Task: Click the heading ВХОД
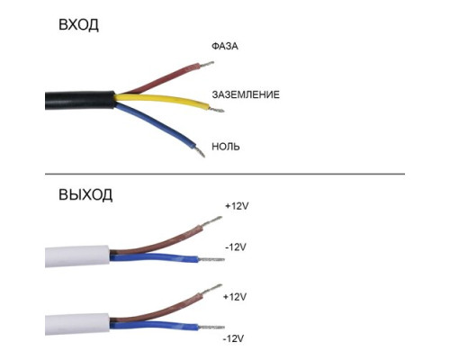[78, 24]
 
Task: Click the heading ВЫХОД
[85, 194]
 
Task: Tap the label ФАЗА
[225, 46]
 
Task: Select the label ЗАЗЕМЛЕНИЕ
[246, 94]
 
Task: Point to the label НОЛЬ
[226, 147]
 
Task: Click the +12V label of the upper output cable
[237, 206]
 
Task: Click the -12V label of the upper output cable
[236, 247]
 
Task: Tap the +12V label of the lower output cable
[235, 297]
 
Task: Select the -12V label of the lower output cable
[233, 338]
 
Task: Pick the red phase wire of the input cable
[162, 78]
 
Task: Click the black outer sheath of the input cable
[80, 100]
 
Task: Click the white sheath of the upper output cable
[77, 256]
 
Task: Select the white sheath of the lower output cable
[77, 324]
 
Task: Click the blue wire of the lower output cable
[154, 325]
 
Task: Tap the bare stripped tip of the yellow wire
[217, 110]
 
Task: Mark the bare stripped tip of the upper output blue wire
[211, 259]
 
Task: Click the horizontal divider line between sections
[225, 174]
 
